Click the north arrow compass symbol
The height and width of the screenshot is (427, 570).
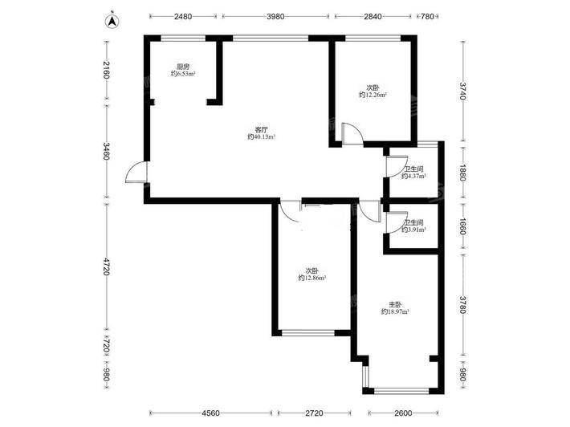[112, 21]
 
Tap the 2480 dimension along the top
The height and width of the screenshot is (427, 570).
[183, 16]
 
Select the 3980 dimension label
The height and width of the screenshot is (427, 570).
[275, 16]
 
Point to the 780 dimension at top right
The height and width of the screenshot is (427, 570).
[427, 16]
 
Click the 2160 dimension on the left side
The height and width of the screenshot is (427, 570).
[106, 70]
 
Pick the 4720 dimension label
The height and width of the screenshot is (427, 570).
[106, 266]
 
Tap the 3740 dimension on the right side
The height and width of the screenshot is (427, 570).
[462, 91]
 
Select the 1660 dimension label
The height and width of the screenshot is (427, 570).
[462, 226]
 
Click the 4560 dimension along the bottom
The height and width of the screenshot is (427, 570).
[211, 413]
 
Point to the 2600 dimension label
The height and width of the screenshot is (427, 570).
[403, 413]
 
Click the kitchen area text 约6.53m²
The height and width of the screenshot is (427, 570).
[183, 74]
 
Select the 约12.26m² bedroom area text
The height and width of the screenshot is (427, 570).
[373, 95]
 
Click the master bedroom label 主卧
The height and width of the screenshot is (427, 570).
[395, 304]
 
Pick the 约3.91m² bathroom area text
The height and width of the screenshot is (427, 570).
[414, 230]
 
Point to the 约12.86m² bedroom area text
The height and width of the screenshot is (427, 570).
[312, 278]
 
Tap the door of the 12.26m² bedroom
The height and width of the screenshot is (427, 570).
[352, 134]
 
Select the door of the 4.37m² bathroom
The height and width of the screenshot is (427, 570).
[397, 166]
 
